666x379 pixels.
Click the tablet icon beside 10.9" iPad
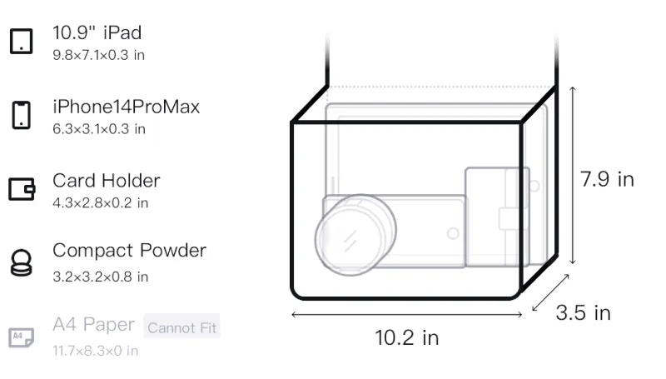click(x=22, y=41)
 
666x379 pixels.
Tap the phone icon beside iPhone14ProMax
click(x=22, y=115)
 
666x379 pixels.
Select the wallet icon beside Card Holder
click(x=22, y=188)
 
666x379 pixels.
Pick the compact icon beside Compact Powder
click(x=22, y=262)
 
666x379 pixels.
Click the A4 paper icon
click(x=22, y=337)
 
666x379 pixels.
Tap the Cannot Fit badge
click(x=181, y=327)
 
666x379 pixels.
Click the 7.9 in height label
click(x=607, y=179)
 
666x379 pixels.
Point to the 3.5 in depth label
click(x=584, y=312)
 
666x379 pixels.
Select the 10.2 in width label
click(x=407, y=338)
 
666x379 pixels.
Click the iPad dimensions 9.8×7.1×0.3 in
click(x=98, y=55)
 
